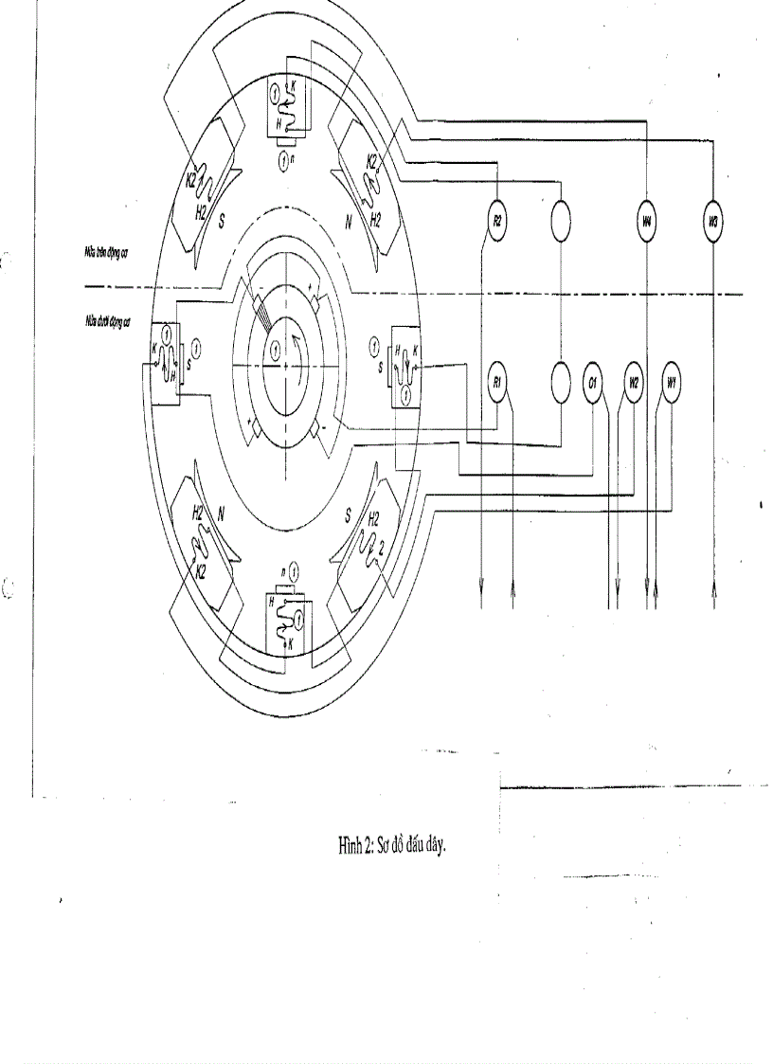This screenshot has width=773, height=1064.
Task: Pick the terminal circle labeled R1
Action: [497, 382]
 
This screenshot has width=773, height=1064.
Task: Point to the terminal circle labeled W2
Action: [634, 382]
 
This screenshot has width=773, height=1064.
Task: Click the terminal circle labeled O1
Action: [592, 382]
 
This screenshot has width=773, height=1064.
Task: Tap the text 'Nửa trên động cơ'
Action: [106, 255]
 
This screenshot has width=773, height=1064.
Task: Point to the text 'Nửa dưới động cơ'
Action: [106, 321]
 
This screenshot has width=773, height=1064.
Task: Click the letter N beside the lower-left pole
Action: [221, 517]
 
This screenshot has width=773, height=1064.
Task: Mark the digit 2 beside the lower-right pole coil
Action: [381, 548]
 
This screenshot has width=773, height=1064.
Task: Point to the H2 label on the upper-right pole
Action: [376, 220]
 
